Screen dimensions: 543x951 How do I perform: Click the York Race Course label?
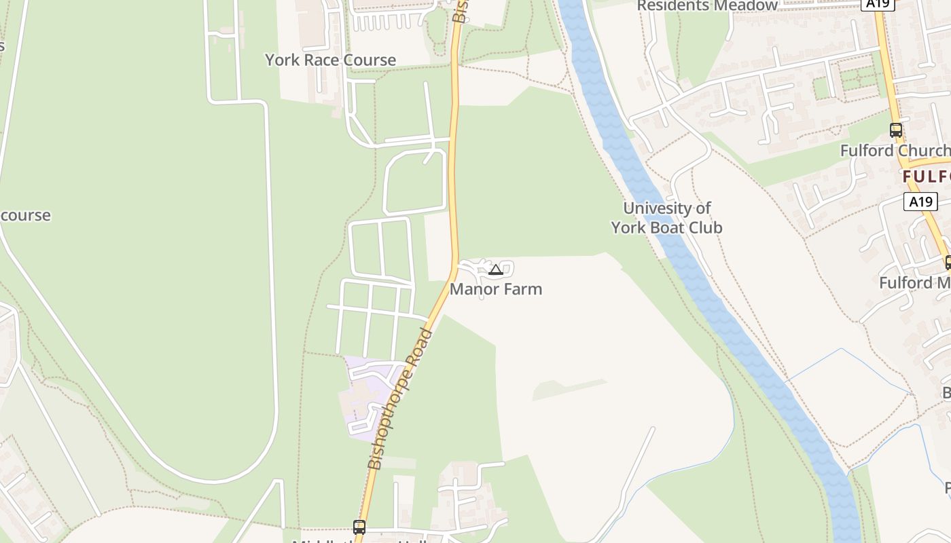[x=330, y=60]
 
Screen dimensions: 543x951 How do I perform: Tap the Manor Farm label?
[x=496, y=289]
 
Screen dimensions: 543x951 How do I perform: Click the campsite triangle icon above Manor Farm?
[x=496, y=270]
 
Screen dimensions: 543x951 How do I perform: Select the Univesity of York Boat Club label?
[x=666, y=218]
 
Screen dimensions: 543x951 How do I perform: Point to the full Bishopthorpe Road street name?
[x=401, y=400]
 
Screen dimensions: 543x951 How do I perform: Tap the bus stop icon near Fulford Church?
[x=896, y=130]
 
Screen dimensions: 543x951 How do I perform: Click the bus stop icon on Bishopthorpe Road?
[x=359, y=527]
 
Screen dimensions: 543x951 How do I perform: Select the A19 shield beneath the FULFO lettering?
[x=920, y=202]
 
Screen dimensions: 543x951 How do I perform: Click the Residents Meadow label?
[x=706, y=6]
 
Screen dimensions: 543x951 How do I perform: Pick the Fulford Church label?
[x=895, y=151]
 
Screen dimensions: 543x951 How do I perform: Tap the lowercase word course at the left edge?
[x=25, y=215]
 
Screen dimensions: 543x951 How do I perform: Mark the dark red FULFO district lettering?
[x=926, y=177]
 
